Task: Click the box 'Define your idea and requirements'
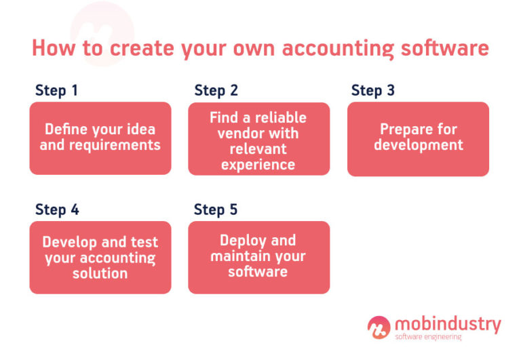[x=100, y=138]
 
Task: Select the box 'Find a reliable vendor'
[x=258, y=139]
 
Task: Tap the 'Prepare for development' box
[x=418, y=139]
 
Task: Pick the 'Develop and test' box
[x=100, y=258]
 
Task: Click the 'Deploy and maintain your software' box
[x=258, y=258]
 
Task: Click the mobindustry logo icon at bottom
[x=379, y=327]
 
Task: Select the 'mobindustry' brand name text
[x=447, y=324]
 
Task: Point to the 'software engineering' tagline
[x=428, y=337]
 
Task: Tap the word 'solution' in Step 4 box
[x=100, y=273]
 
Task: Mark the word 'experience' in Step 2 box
[x=258, y=164]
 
